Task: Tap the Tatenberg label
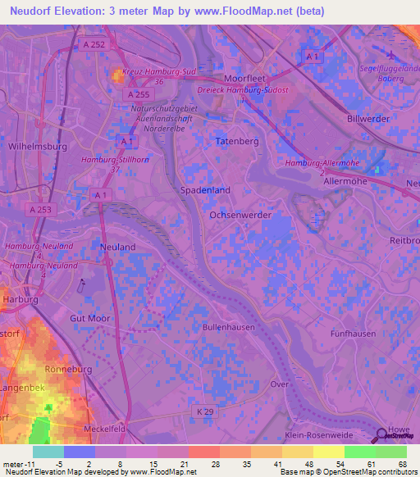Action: tap(236, 141)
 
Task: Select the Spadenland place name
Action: tap(204, 189)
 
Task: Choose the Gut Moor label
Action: tap(90, 317)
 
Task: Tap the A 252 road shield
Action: tap(94, 45)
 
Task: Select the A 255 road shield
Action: tap(137, 95)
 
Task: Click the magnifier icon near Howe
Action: tap(383, 435)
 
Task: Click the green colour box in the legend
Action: tap(359, 452)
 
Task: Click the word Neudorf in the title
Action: tap(34, 11)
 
